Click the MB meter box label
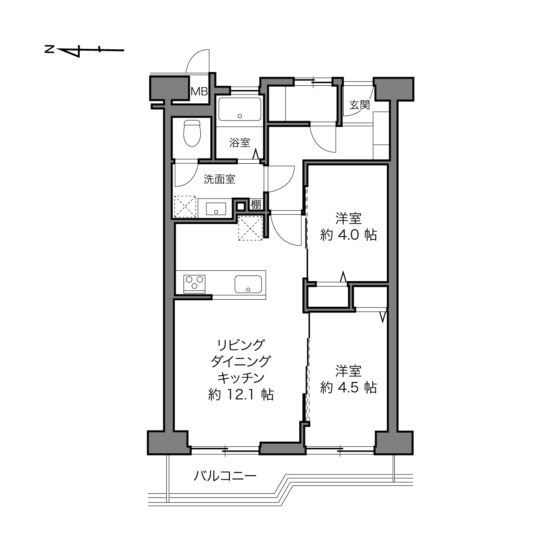[199, 92]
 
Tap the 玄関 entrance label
[360, 105]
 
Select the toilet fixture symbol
[192, 133]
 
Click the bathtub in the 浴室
[240, 109]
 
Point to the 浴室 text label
[239, 143]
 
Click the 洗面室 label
[219, 179]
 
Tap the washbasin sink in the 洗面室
[216, 209]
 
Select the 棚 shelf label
[256, 205]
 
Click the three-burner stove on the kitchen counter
[195, 284]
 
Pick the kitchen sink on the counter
[248, 284]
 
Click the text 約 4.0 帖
[348, 235]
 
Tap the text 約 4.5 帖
[348, 387]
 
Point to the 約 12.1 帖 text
[241, 395]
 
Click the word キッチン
[241, 378]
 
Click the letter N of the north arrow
[50, 49]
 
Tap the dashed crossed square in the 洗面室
[185, 207]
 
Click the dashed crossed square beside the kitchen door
[250, 228]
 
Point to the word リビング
[240, 345]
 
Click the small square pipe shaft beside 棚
[241, 206]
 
